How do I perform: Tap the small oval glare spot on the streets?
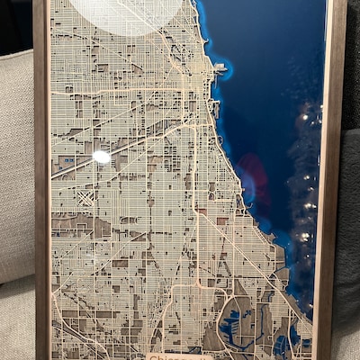pyautogui.click(x=102, y=157)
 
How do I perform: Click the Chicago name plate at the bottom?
pyautogui.click(x=179, y=355)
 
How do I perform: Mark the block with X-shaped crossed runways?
pyautogui.click(x=85, y=197)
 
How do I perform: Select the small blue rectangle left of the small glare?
pyautogui.click(x=67, y=162)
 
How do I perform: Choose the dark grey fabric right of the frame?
pyautogui.click(x=348, y=225)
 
